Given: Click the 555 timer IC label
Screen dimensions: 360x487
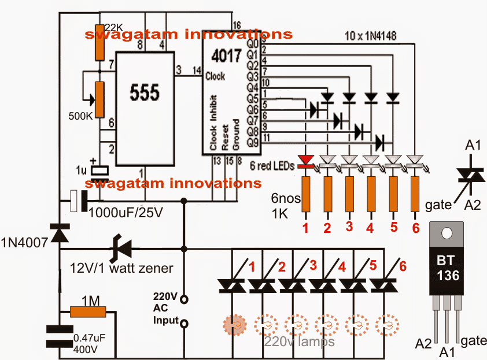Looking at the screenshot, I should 145,92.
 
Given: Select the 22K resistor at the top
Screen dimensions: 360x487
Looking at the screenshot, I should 99,43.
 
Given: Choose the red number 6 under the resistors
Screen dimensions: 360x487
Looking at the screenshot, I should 415,228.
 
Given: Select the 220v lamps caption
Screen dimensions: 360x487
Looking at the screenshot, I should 299,342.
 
